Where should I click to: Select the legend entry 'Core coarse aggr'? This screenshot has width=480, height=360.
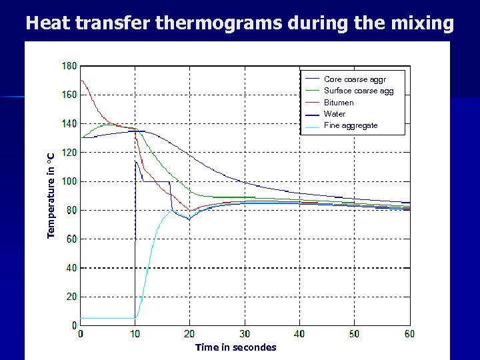tap(355, 79)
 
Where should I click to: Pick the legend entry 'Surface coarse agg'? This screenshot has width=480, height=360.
tap(359, 91)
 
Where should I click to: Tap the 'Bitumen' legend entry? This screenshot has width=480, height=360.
tap(339, 103)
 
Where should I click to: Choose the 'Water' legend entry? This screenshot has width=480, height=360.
tap(335, 114)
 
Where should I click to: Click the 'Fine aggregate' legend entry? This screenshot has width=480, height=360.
tap(351, 125)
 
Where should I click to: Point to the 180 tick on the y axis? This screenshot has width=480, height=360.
tap(69, 66)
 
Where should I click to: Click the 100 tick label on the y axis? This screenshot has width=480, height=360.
tap(69, 181)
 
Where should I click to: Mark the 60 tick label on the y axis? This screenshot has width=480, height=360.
tap(71, 239)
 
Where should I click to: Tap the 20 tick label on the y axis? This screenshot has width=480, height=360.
tap(71, 297)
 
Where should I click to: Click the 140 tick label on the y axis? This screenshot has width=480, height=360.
tap(69, 123)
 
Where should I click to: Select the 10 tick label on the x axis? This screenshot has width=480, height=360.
tap(135, 333)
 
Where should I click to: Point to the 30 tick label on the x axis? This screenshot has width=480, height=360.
tap(245, 333)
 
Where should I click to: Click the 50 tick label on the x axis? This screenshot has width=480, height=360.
tap(354, 333)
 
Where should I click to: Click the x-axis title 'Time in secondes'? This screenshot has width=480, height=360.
tap(235, 347)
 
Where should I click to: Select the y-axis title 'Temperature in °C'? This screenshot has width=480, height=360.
tap(51, 194)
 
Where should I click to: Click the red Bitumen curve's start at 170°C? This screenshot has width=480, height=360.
tap(81, 81)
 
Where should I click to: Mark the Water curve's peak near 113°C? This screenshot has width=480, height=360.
tap(136, 161)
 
